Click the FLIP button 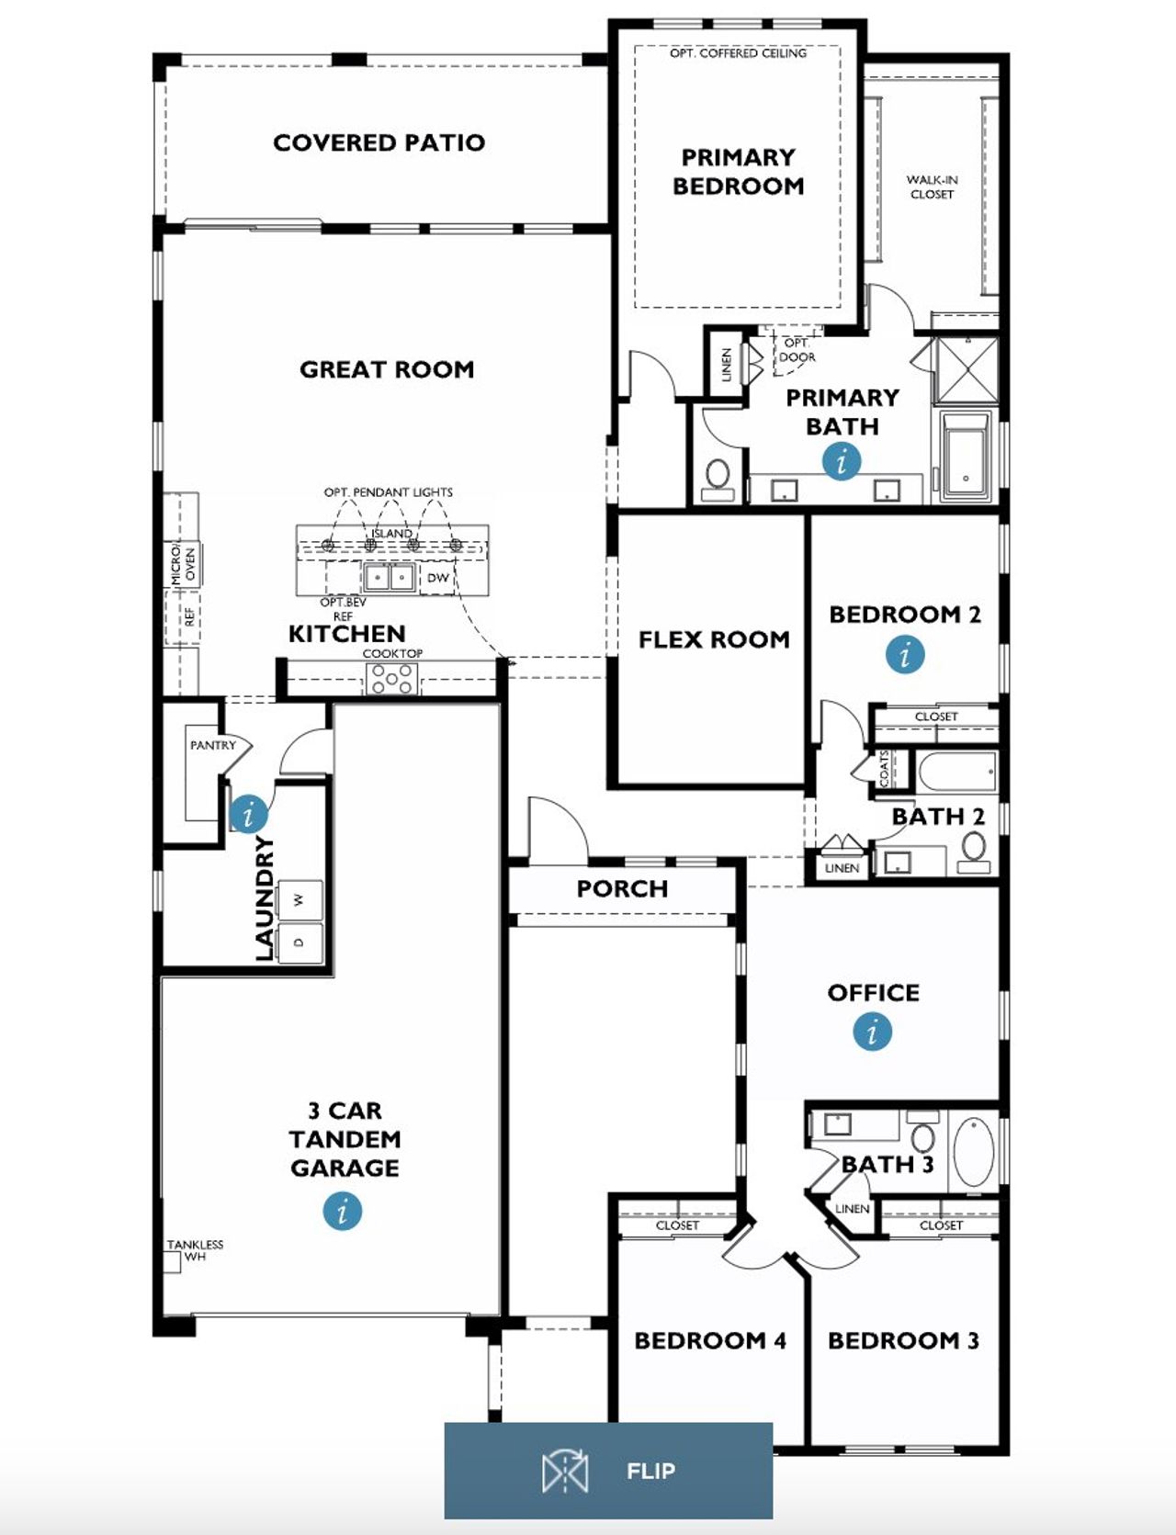(608, 1471)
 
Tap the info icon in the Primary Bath (842, 461)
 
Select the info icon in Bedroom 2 (905, 655)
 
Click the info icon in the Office (872, 1031)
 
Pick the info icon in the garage (343, 1210)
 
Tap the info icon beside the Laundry (248, 814)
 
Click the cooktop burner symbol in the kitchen (392, 679)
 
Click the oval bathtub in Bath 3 (973, 1152)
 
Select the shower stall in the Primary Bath (966, 369)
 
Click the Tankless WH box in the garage (172, 1261)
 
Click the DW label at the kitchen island (438, 578)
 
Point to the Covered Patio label (379, 142)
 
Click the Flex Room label (714, 639)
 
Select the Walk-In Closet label (932, 187)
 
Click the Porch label (622, 888)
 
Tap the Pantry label (212, 745)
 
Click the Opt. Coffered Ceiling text (738, 53)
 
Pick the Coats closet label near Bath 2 (885, 769)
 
